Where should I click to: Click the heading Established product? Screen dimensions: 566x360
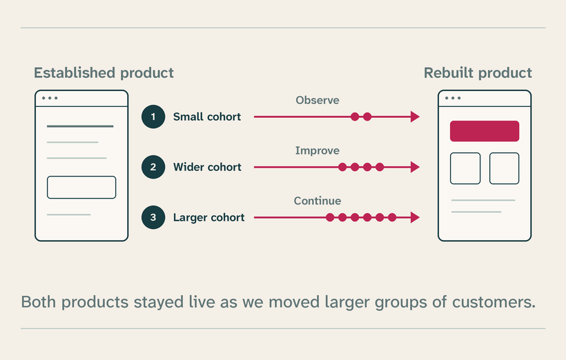(104, 73)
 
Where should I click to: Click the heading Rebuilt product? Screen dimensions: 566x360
(478, 73)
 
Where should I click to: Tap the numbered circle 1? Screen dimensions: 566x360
(153, 117)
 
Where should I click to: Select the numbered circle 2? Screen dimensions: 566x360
(153, 167)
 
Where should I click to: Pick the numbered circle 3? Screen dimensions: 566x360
(153, 217)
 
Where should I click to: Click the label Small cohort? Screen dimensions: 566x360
(207, 117)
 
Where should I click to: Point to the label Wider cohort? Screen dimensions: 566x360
(207, 167)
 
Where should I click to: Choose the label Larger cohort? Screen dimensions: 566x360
(208, 217)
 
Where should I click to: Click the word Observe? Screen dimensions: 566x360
(318, 100)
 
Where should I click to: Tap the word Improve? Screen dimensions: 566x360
(318, 151)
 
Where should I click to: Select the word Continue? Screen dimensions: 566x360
(318, 201)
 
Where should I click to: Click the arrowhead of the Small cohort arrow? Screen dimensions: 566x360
(415, 117)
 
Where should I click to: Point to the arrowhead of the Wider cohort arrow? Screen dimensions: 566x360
(415, 167)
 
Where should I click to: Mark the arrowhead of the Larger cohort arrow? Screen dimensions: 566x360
(415, 217)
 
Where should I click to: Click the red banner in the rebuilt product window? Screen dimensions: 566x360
(485, 131)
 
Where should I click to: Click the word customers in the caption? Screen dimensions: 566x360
(494, 302)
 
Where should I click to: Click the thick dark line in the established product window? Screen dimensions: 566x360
(80, 126)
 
